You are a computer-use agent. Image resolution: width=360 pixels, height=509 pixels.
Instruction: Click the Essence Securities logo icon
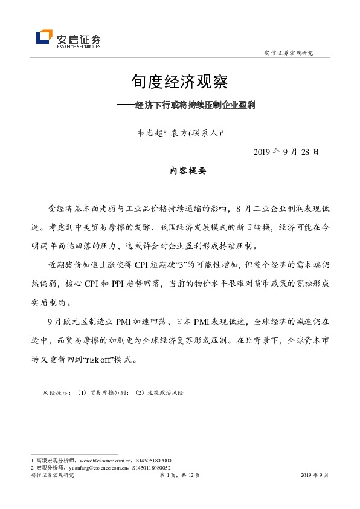click(44, 37)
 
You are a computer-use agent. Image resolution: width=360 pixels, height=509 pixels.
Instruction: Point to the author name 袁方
click(178, 129)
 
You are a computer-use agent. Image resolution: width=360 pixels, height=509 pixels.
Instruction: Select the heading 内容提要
click(188, 171)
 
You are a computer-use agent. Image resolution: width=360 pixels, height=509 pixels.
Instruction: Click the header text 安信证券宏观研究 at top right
click(289, 53)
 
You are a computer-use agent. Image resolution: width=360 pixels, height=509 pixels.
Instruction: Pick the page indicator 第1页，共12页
click(179, 476)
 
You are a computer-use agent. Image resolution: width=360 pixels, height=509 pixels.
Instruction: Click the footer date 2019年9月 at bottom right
click(315, 476)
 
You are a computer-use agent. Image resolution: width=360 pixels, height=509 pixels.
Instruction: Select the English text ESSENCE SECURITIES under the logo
click(79, 46)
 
